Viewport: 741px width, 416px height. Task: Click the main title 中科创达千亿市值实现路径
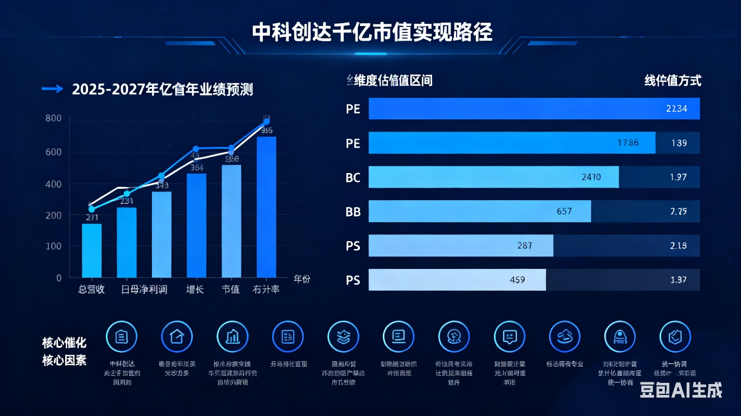tap(372, 32)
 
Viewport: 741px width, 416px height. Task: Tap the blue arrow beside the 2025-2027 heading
tap(52, 89)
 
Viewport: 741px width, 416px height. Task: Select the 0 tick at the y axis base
tap(59, 278)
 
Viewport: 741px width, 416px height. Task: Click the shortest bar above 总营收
tap(92, 250)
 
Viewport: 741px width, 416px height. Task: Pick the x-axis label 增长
tap(195, 289)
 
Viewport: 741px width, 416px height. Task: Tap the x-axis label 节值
tap(230, 289)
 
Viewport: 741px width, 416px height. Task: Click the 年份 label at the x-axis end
tap(302, 279)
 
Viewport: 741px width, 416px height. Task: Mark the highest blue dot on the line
tap(266, 121)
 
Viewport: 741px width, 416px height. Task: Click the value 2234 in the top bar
tap(676, 108)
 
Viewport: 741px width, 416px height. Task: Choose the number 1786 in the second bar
tap(628, 143)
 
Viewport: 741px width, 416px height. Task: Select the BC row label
tap(353, 177)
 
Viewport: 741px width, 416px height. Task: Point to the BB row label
tap(353, 212)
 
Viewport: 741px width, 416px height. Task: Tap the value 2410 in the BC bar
tap(591, 177)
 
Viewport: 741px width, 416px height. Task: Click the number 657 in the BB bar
tap(565, 211)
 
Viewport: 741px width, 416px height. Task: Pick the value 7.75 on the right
tap(679, 211)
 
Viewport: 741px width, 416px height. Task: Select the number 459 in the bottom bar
tap(517, 279)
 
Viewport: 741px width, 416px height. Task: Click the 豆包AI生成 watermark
tap(681, 390)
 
